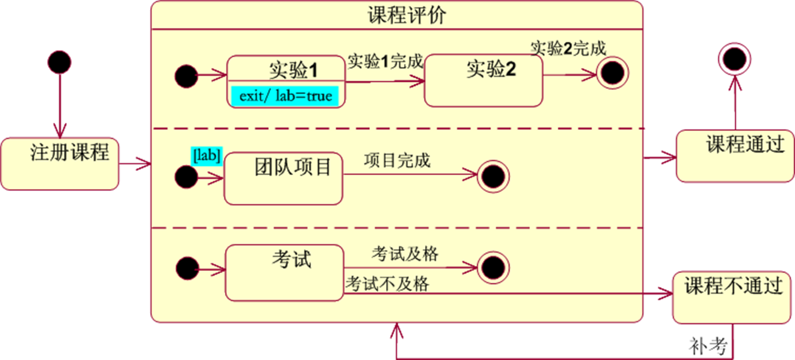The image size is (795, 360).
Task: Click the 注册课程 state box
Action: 60,164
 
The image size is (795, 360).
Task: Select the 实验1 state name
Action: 293,70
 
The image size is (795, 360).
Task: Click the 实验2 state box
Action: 484,81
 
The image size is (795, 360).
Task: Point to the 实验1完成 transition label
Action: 385,61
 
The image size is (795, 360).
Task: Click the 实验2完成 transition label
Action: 568,48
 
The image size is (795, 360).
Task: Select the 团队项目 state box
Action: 283,179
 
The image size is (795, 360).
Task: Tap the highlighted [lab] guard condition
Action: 206,155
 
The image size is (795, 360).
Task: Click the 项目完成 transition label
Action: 397,161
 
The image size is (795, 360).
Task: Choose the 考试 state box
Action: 284,272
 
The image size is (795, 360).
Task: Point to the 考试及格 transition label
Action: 405,254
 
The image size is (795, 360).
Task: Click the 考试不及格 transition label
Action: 387,284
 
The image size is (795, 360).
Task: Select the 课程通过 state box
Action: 735,155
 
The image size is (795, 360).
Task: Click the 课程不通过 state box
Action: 733,297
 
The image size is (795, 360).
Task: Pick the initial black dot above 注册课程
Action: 59,61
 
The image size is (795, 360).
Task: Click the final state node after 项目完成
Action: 493,177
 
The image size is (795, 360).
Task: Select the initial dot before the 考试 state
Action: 187,268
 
